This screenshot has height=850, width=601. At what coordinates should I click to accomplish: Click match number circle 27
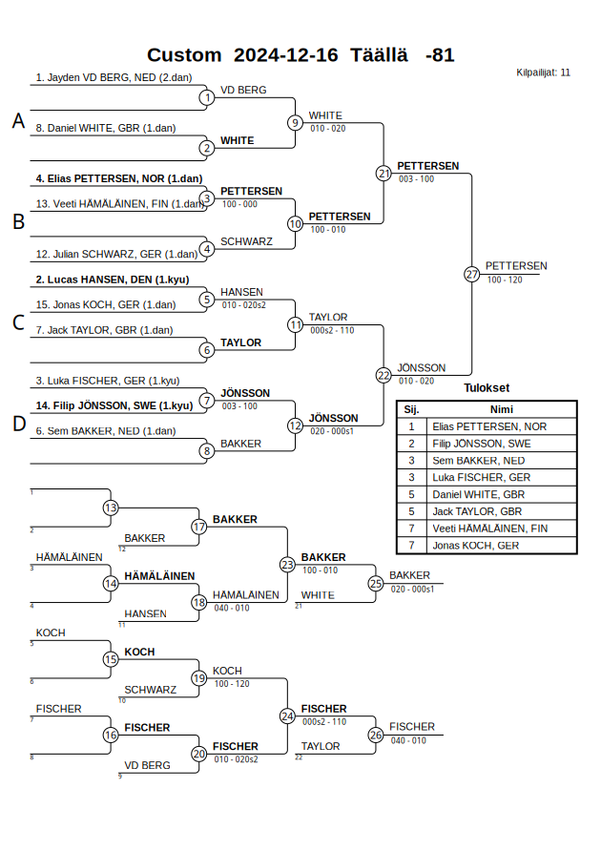click(471, 274)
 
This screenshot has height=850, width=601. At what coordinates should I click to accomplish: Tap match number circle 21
click(383, 173)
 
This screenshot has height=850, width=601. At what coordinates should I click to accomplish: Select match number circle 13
click(111, 508)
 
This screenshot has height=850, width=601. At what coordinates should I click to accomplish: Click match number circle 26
click(376, 735)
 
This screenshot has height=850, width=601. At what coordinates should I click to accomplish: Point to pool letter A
click(17, 121)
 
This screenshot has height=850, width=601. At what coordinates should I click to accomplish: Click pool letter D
click(17, 425)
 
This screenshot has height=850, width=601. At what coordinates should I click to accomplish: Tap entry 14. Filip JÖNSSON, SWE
click(114, 405)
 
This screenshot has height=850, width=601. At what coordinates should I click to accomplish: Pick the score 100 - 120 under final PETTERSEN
click(505, 280)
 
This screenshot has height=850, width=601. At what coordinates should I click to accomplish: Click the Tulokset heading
click(487, 388)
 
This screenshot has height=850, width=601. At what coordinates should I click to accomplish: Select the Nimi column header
click(501, 408)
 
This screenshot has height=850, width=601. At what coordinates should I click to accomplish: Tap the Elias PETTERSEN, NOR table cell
click(489, 426)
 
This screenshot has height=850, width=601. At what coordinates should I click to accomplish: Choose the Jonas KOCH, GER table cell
click(476, 546)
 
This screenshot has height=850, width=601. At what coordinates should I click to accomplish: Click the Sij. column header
click(411, 408)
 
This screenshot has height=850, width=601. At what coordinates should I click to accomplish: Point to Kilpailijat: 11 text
click(544, 72)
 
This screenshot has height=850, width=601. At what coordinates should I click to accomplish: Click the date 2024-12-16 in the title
click(285, 55)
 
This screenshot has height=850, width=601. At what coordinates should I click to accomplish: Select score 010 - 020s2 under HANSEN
click(243, 305)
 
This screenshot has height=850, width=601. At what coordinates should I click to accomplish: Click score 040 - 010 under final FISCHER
click(408, 740)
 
